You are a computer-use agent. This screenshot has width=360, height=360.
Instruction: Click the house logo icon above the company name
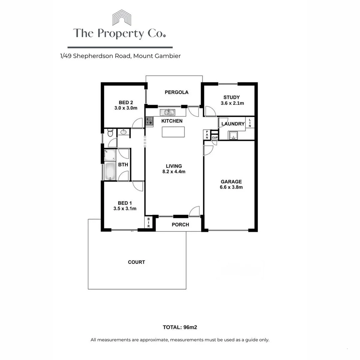[121, 17]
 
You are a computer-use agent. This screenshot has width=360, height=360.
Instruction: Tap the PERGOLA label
[177, 92]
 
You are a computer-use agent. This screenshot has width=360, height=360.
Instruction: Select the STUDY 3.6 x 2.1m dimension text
[232, 103]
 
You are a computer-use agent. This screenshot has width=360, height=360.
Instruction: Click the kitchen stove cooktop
[149, 121]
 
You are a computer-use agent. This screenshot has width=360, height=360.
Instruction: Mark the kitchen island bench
[173, 132]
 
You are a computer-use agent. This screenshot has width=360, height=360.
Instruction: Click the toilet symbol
[110, 134]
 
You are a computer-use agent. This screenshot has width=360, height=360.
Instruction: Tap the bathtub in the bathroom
[110, 171]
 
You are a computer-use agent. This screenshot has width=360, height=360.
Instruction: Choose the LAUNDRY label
[233, 124]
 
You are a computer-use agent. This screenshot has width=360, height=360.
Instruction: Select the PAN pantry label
[207, 135]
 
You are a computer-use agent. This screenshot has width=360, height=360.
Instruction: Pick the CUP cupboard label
[215, 137]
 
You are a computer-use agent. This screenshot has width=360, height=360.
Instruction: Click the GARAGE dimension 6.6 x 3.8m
[231, 187]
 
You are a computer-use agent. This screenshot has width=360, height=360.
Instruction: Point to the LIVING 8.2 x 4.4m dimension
[174, 172]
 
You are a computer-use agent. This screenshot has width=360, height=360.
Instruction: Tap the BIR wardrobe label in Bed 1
[149, 222]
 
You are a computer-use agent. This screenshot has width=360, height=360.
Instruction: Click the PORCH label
[180, 225]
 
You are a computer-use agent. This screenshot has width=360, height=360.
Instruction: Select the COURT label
[137, 262]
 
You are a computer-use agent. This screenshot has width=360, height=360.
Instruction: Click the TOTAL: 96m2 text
[180, 327]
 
